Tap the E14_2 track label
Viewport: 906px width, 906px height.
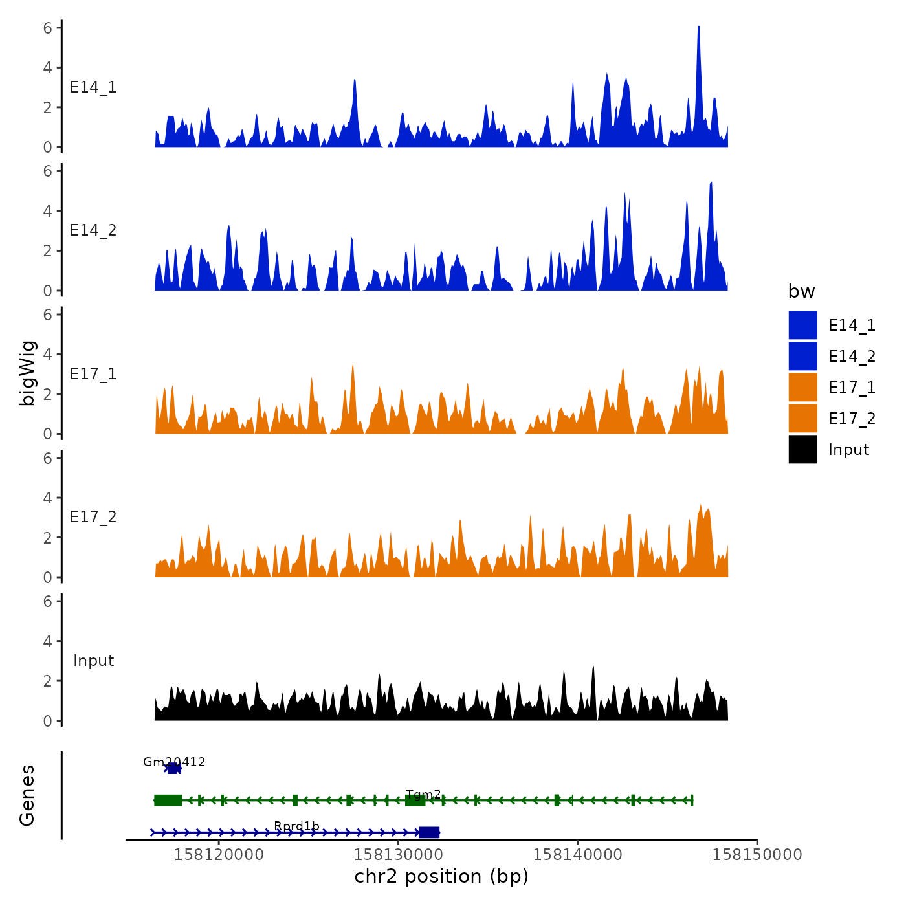click(93, 230)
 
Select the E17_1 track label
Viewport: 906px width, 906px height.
click(93, 374)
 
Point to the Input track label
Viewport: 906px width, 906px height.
click(93, 661)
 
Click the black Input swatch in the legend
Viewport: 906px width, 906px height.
click(802, 449)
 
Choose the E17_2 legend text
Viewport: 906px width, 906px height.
click(852, 419)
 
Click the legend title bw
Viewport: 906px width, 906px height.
click(801, 291)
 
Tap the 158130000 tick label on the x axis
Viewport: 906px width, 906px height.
click(399, 854)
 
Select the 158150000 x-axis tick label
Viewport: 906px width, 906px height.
click(757, 854)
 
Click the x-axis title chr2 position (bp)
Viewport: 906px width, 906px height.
click(441, 876)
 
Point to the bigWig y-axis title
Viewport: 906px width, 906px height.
click(28, 373)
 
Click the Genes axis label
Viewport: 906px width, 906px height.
click(27, 795)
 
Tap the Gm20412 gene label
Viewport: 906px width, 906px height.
click(174, 762)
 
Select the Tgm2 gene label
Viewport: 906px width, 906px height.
click(423, 794)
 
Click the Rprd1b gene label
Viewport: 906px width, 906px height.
click(296, 826)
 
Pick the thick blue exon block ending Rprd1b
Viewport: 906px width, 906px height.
click(428, 832)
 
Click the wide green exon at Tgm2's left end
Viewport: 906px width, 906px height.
click(168, 801)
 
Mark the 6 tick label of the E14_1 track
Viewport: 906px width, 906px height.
click(47, 28)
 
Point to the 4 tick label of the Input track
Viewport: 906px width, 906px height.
click(47, 641)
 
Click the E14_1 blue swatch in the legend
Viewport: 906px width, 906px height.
click(802, 325)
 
